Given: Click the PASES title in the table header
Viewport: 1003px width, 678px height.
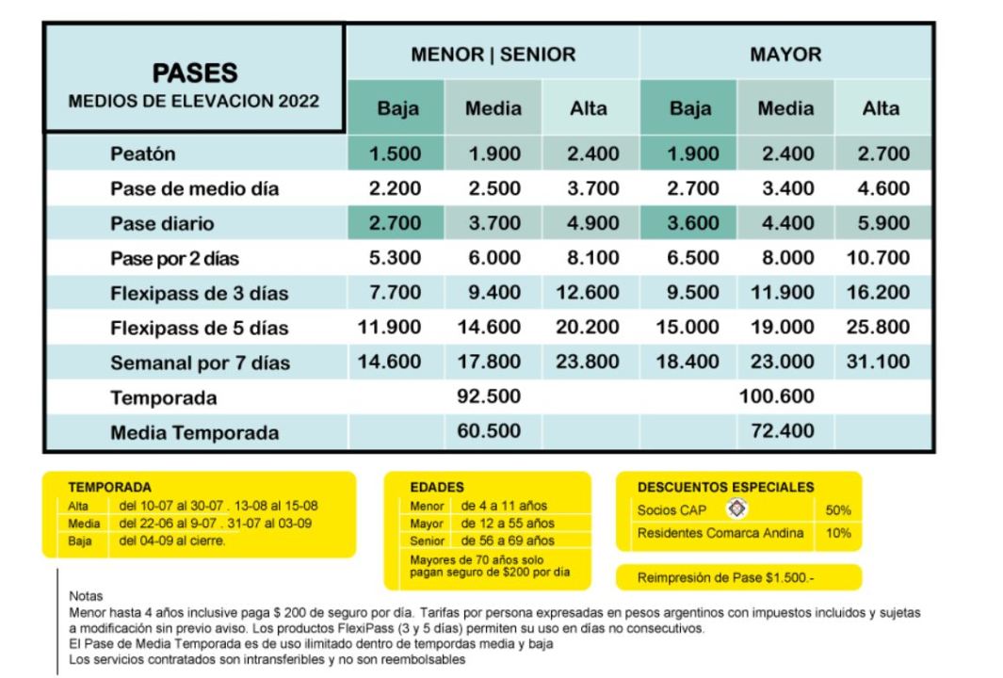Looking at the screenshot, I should click(x=195, y=72).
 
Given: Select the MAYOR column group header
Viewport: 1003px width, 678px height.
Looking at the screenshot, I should click(x=785, y=55).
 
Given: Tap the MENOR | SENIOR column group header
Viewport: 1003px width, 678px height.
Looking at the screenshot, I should click(x=493, y=55).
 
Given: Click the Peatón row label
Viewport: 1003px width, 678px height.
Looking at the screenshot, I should click(x=143, y=153).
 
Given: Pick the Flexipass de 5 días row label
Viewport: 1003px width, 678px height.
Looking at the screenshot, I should click(x=199, y=329).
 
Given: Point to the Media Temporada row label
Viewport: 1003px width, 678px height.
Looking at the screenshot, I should click(x=194, y=433).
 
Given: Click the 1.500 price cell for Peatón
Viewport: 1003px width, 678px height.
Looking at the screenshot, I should click(x=395, y=153).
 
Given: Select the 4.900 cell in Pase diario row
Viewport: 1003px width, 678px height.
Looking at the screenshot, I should click(x=590, y=224).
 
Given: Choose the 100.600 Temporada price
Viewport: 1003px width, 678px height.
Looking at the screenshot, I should click(x=785, y=397).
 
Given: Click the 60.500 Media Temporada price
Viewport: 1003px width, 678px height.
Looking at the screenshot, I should click(x=493, y=433).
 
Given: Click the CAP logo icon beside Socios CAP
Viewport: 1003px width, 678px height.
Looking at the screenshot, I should click(x=739, y=508).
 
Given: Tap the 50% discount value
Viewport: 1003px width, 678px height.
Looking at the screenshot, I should click(x=837, y=510).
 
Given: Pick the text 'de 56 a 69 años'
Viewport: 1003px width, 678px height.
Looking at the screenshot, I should click(x=505, y=541).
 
